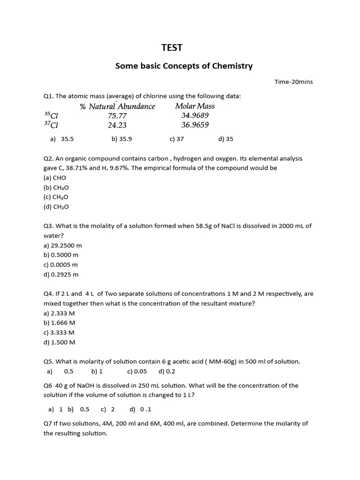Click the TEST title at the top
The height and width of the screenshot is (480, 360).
pos(172,48)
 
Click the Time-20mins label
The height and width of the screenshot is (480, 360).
pos(293,82)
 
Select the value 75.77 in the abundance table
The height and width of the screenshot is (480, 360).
pos(117,116)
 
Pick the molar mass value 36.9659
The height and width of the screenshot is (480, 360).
pos(195,125)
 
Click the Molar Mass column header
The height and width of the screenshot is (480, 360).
pos(195,106)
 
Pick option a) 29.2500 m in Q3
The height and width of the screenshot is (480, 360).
pos(62,245)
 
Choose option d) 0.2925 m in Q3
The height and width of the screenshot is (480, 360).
pos(61,274)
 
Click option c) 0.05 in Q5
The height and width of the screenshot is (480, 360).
pos(137,371)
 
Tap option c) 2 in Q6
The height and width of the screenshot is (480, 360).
pos(108,409)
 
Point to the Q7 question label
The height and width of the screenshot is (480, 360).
pos(48,423)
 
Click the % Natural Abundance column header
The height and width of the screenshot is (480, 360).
pos(117,106)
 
